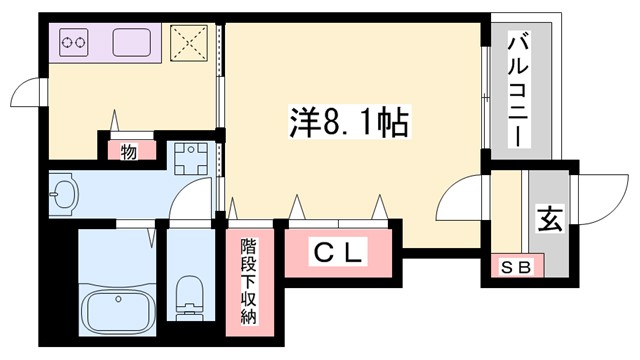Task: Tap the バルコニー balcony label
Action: pos(520,89)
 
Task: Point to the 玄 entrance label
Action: pos(550,218)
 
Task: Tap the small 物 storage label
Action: pos(129,152)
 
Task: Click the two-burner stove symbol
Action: pos(75,43)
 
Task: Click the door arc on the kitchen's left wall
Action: pos(25,96)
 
